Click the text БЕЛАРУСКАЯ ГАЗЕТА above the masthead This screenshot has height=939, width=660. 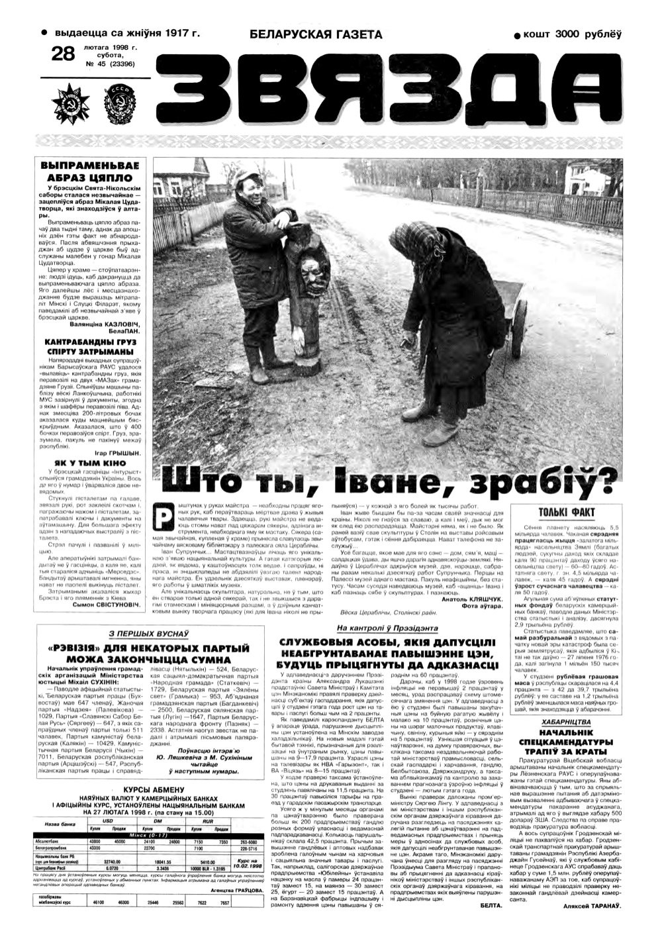[x=316, y=34]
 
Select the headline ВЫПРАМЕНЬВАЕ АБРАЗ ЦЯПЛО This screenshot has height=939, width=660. [x=90, y=172]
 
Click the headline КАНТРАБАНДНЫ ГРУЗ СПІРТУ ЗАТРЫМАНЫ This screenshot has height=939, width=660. [x=90, y=346]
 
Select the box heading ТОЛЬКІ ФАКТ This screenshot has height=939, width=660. [x=567, y=512]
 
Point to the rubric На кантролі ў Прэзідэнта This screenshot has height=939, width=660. [x=379, y=628]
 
